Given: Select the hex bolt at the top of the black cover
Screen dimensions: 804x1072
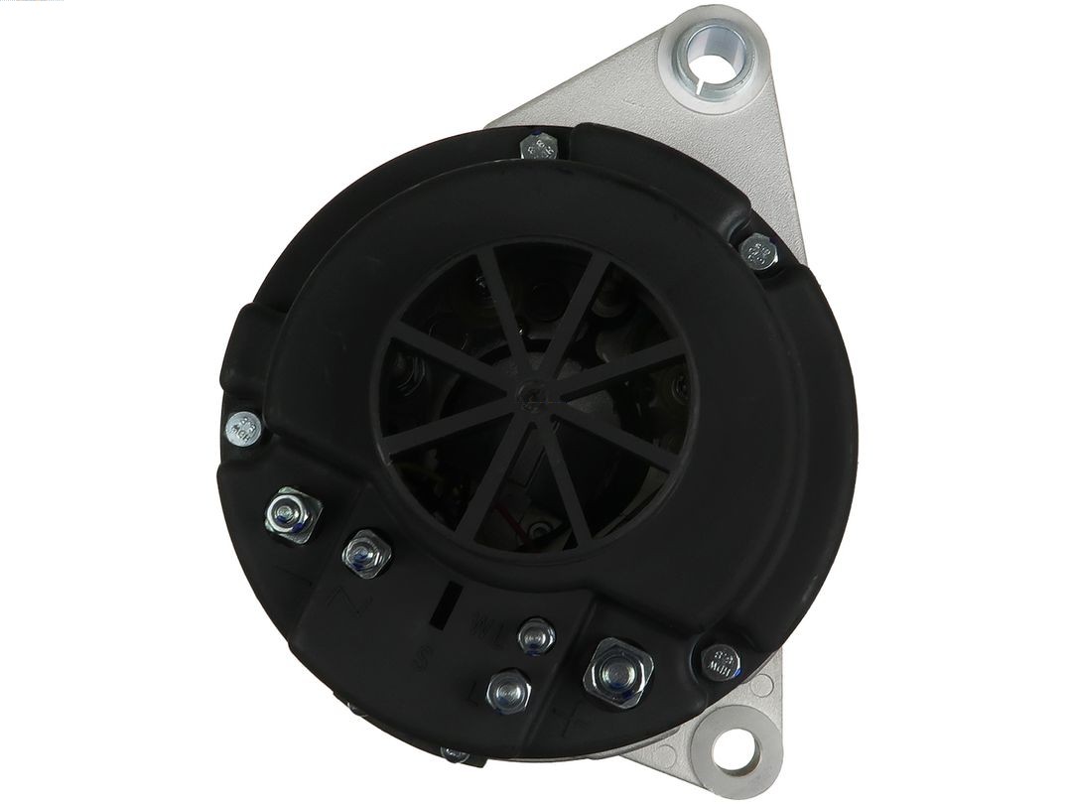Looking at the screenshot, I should pyautogui.click(x=539, y=149).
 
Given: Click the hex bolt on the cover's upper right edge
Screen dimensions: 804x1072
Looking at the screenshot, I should pyautogui.click(x=758, y=250).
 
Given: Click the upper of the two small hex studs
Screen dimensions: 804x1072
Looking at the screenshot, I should pyautogui.click(x=537, y=633).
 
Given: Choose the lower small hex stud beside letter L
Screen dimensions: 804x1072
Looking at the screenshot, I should pyautogui.click(x=508, y=688).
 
